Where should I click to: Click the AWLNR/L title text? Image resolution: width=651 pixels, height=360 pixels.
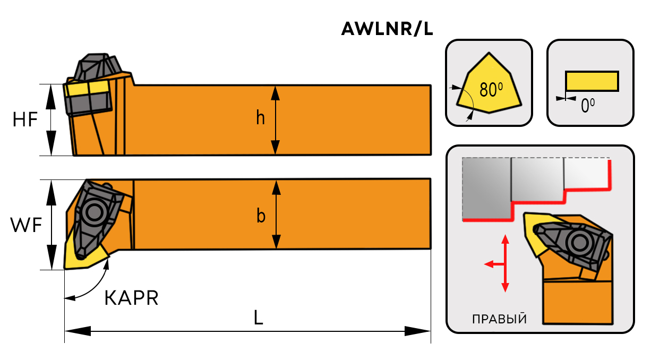[x=387, y=30]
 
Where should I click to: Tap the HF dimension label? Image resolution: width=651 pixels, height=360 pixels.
[x=25, y=120]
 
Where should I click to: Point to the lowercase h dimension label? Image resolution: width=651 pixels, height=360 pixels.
[x=260, y=118]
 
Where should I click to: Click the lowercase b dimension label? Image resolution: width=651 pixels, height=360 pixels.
[x=261, y=216]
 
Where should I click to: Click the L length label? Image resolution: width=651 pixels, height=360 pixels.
[x=258, y=318]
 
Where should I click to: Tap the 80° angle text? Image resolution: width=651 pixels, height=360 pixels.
[x=491, y=90]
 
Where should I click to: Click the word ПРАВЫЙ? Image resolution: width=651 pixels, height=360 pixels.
[x=499, y=319]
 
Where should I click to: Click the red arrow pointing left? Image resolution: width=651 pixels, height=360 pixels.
[x=490, y=263]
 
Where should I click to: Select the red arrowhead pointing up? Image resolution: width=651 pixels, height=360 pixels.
[x=505, y=238]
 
